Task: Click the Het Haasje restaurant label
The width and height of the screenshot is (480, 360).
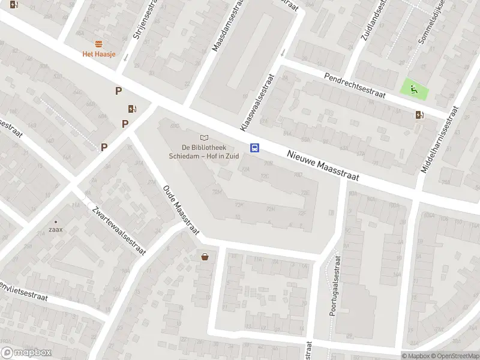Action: tap(99, 54)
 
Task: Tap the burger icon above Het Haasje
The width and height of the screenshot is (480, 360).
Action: tap(99, 44)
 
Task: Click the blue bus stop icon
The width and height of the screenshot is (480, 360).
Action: tap(254, 148)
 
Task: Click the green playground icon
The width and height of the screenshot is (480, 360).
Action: tap(415, 90)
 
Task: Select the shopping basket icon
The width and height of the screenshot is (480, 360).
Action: tap(205, 257)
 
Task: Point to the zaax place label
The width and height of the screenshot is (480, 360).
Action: tap(56, 229)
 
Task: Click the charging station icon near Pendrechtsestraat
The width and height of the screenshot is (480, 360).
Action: tap(419, 115)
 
